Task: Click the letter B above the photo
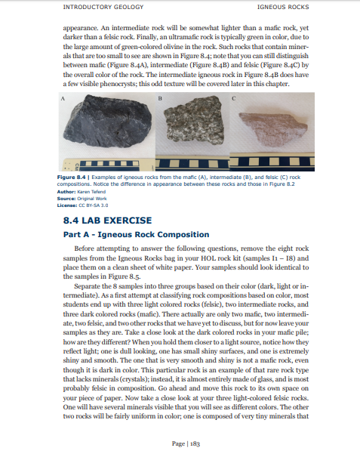pyautogui.click(x=160, y=98)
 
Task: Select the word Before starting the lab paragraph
pyautogui.click(x=90, y=249)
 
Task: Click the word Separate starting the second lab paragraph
pyautogui.click(x=91, y=287)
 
